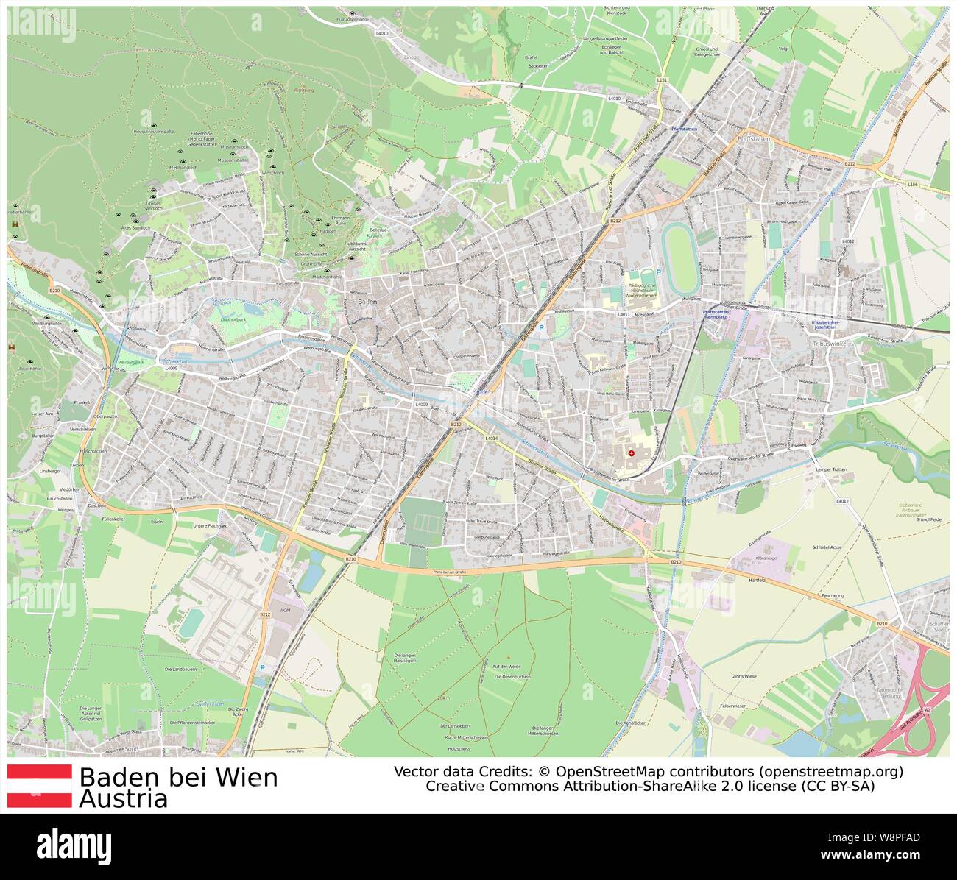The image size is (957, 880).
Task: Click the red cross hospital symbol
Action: click(631, 453)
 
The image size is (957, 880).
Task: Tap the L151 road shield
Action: click(662, 79)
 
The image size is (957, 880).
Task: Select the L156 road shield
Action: click(913, 183)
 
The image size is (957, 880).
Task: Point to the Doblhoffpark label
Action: click(233, 319)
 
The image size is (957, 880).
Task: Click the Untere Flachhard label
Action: click(211, 526)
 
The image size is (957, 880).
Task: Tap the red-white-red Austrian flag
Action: click(39, 786)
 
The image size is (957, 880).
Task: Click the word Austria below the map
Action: click(124, 799)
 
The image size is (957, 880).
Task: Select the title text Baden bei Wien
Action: click(178, 777)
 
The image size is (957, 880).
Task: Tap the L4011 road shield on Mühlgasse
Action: click(624, 314)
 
